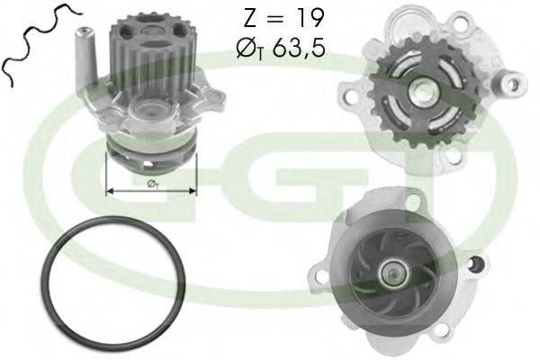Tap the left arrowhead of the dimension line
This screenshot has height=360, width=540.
pyautogui.click(x=111, y=191)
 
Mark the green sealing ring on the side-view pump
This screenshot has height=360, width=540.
pyautogui.click(x=150, y=147)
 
